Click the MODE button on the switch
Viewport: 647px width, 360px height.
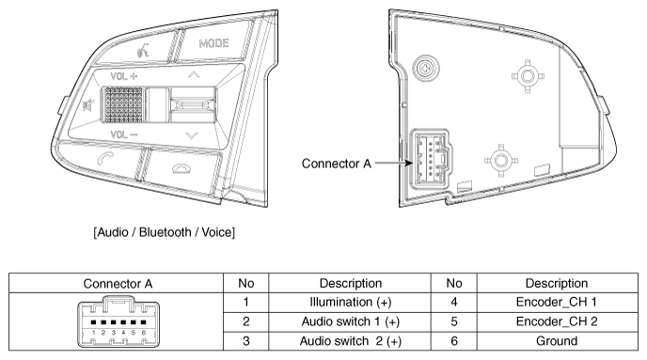[x=213, y=43]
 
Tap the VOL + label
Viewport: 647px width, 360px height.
[x=124, y=76]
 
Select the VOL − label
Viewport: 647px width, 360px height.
[x=124, y=134]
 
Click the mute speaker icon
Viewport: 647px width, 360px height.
[x=88, y=106]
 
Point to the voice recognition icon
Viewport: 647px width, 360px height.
[x=143, y=51]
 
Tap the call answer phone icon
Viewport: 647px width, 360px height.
[x=105, y=158]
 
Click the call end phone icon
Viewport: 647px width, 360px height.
[x=181, y=168]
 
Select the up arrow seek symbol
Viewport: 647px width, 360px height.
[x=194, y=74]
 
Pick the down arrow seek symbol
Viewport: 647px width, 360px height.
[x=192, y=135]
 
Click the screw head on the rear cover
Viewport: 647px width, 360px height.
[x=425, y=68]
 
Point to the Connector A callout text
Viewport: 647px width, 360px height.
[x=337, y=164]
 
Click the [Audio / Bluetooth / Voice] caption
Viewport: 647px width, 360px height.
[x=165, y=232]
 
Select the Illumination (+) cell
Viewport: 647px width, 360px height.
[x=351, y=303]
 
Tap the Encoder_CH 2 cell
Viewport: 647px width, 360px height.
[x=557, y=321]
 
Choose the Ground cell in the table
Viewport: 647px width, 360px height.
[x=557, y=341]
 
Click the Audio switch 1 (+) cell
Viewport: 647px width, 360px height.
[x=351, y=321]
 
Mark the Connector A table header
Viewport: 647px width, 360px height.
[x=118, y=284]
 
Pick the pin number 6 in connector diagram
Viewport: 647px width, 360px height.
[x=144, y=333]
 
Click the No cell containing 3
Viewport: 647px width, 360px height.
[x=246, y=341]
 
